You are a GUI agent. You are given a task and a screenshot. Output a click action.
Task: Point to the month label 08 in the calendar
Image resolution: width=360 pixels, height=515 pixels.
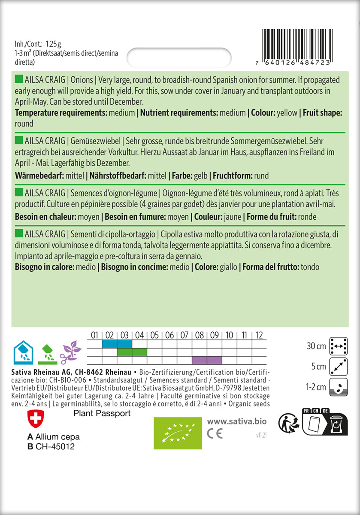point(200,335)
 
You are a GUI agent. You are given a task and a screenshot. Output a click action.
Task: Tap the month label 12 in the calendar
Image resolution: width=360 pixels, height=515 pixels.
point(259,335)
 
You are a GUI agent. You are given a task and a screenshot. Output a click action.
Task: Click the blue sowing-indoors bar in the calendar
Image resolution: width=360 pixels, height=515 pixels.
point(117,344)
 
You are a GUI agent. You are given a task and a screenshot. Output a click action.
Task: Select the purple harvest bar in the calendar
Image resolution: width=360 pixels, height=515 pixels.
point(207,360)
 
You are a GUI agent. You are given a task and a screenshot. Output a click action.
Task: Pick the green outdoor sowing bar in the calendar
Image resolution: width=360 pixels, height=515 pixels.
point(132,352)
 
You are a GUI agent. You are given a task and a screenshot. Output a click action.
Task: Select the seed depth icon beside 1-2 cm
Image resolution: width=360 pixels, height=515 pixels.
point(339,387)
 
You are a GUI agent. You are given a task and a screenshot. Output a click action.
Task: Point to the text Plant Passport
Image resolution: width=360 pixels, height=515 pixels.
point(102,413)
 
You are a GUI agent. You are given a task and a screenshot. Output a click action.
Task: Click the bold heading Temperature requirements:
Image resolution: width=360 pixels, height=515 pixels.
point(61,113)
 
